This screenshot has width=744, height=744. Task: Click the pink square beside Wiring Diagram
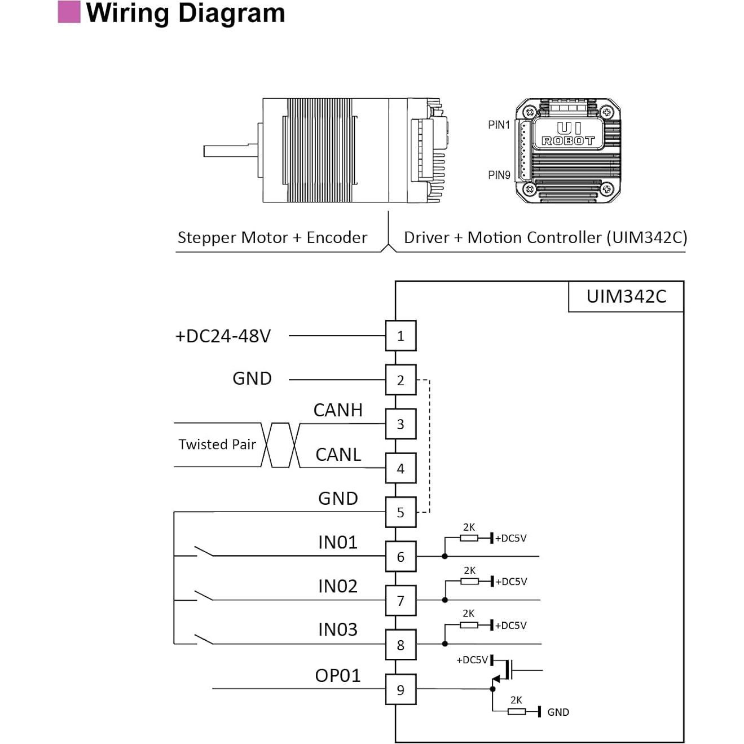tap(69, 12)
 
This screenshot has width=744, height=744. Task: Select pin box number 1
tap(400, 336)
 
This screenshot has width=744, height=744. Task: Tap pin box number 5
tap(400, 512)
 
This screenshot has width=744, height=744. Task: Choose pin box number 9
tap(400, 689)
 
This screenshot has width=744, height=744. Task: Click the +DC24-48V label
tap(223, 336)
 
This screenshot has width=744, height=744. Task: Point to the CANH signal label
tap(338, 410)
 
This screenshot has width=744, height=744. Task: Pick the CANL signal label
tap(338, 455)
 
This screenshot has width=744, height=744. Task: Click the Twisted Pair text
tap(217, 444)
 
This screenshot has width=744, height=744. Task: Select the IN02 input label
tap(338, 587)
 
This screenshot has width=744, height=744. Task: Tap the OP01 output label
tap(338, 676)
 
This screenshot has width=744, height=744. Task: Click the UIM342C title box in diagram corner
tap(626, 297)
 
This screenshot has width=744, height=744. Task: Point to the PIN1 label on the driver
tap(499, 125)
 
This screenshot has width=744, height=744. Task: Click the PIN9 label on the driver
tap(499, 175)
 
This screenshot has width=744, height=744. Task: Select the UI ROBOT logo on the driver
tap(568, 134)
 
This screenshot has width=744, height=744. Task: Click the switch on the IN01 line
tap(204, 551)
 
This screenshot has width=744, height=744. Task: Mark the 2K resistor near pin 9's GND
tap(517, 711)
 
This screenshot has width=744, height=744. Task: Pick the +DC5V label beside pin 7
tap(511, 582)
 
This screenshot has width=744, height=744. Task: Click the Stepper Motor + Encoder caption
tap(272, 237)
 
